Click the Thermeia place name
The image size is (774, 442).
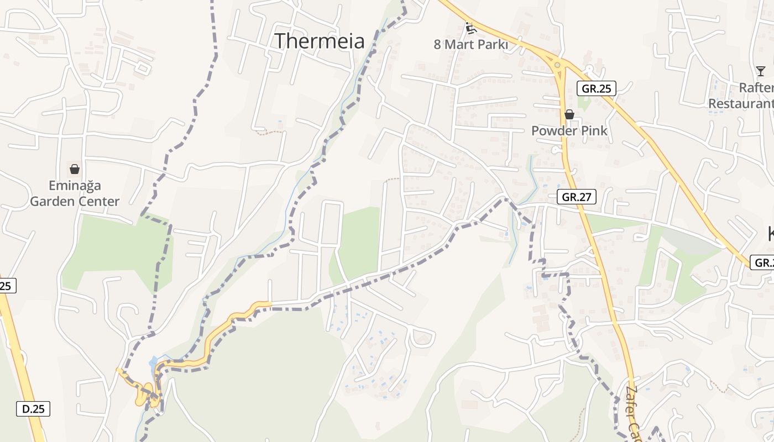click(320, 41)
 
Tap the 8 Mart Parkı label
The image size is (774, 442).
click(470, 44)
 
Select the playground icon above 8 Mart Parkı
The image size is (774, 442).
click(471, 28)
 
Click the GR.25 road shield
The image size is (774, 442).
click(596, 88)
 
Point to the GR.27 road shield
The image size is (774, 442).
click(577, 197)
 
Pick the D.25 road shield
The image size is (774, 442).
click(33, 409)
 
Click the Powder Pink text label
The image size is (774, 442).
click(569, 131)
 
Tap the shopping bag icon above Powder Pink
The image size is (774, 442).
click(569, 114)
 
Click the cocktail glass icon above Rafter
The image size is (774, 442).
click(761, 71)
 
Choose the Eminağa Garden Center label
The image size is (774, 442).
click(75, 193)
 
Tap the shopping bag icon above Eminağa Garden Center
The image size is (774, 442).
click(75, 169)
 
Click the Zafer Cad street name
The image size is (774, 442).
click(634, 412)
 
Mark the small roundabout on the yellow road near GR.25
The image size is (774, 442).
click(557, 65)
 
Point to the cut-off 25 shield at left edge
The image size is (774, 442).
click(7, 286)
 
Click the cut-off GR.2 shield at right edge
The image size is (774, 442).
click(762, 262)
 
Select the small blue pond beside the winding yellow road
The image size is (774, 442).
click(153, 363)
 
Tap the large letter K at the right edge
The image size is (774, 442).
click(770, 234)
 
